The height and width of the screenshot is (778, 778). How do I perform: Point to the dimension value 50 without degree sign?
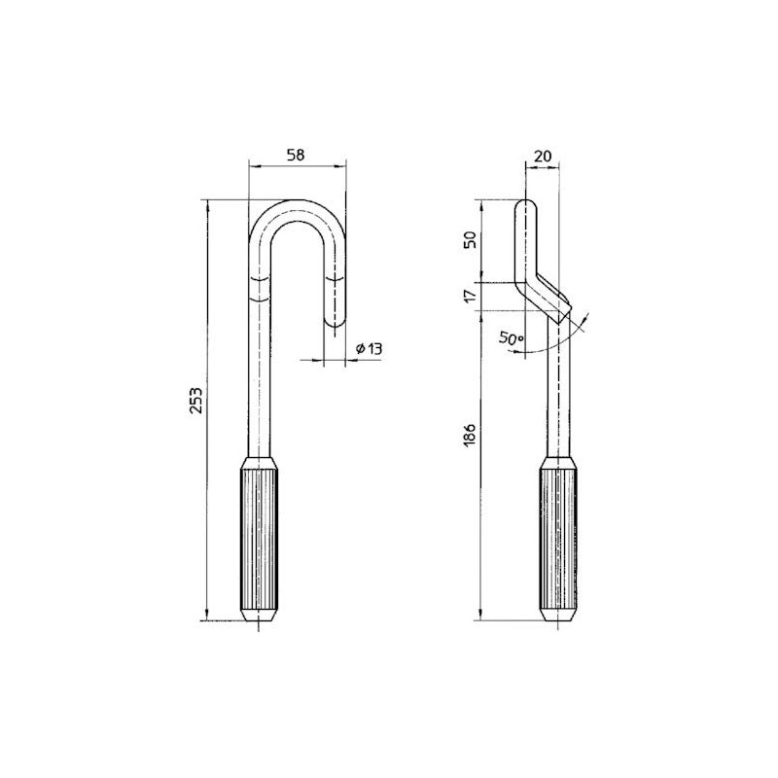click(x=471, y=241)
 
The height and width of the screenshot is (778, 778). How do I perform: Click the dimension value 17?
click(x=471, y=295)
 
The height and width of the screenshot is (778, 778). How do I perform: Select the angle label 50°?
click(x=512, y=338)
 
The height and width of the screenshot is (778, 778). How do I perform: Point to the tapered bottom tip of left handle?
click(x=260, y=617)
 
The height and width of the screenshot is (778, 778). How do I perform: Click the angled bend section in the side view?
click(x=544, y=294)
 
